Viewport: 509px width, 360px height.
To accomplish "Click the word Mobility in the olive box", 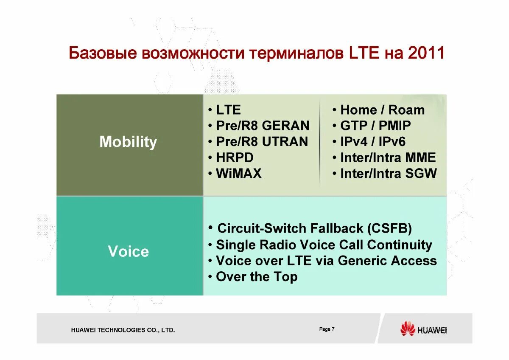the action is click(x=128, y=142).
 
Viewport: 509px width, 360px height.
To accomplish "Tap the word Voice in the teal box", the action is click(x=129, y=251).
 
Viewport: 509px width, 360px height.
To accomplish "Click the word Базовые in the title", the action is click(x=103, y=53).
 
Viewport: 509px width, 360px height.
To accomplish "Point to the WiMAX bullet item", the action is click(x=239, y=173).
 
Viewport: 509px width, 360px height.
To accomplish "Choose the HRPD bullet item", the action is click(x=235, y=157).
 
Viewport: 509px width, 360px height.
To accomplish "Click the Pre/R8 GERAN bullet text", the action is click(x=263, y=125).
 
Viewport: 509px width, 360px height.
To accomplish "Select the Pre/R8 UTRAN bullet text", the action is click(x=262, y=141).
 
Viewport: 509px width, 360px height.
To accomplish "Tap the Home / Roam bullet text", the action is click(x=383, y=110).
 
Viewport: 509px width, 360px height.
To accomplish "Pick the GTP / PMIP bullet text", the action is click(x=376, y=125).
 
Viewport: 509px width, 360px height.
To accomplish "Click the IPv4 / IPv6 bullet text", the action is click(x=373, y=141).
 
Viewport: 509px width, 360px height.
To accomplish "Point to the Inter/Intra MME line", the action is click(x=388, y=157).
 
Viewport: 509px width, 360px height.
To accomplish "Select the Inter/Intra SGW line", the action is click(x=389, y=173).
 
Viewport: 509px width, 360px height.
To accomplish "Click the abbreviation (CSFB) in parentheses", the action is click(x=389, y=228).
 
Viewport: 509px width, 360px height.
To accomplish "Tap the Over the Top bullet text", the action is click(x=257, y=277).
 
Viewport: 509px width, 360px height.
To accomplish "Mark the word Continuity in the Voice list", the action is click(x=400, y=245).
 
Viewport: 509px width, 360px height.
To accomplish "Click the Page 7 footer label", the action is click(x=327, y=329).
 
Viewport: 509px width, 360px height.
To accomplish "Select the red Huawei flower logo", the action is click(x=408, y=329).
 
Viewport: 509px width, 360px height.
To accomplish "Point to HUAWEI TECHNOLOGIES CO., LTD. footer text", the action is click(x=123, y=330).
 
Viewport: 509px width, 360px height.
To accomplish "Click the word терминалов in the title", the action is click(x=296, y=53).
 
